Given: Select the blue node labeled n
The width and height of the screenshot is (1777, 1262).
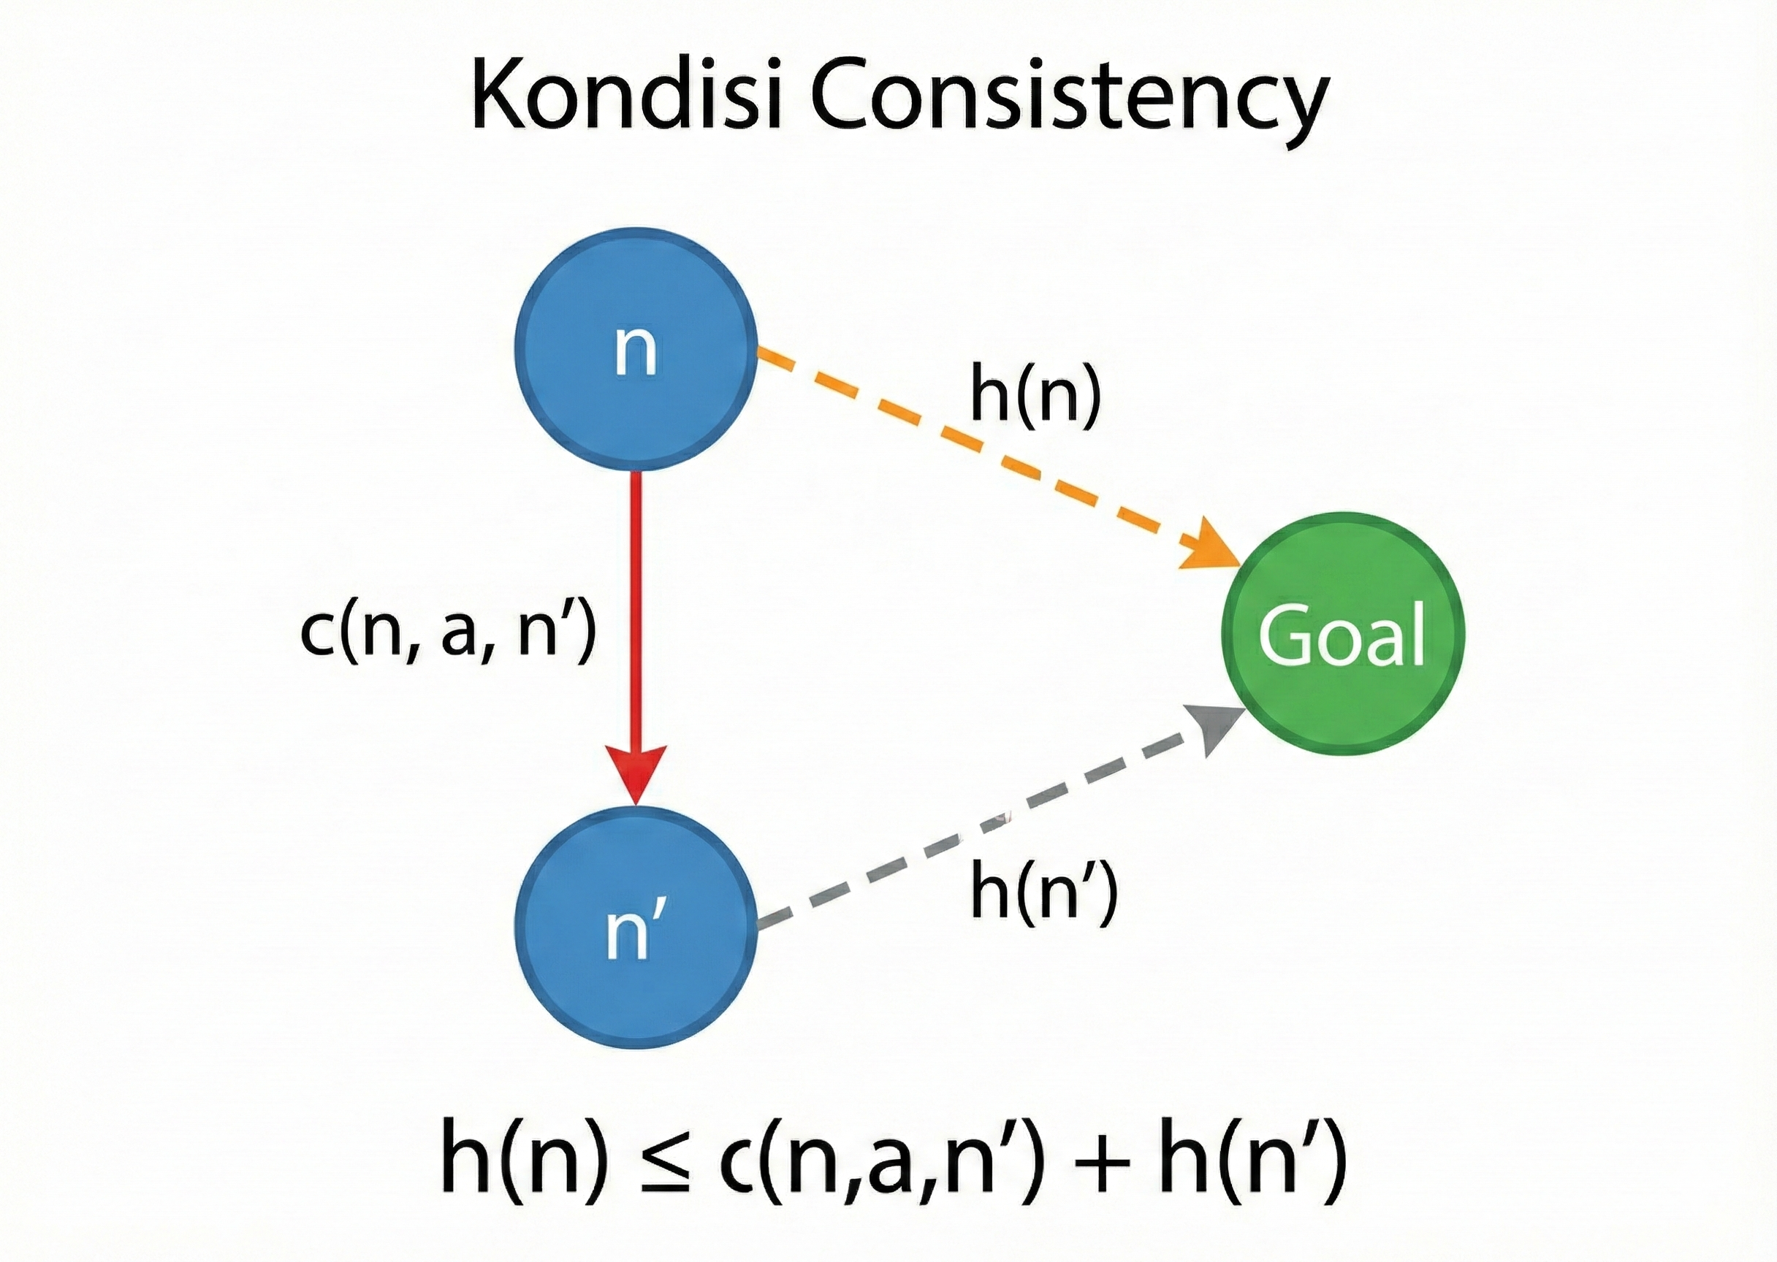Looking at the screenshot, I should pyautogui.click(x=636, y=349).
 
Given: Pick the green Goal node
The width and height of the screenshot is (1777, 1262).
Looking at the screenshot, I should pyautogui.click(x=1342, y=632).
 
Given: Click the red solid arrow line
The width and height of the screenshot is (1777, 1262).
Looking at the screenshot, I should pyautogui.click(x=636, y=606).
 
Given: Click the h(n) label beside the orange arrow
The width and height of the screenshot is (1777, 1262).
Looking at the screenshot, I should pyautogui.click(x=1035, y=397).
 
